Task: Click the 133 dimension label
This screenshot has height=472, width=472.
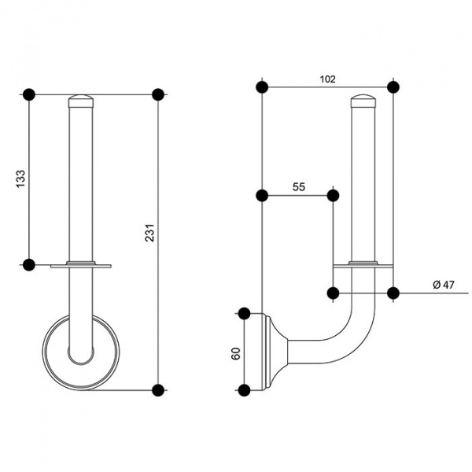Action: tap(20, 180)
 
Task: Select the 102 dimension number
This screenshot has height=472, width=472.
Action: tap(327, 79)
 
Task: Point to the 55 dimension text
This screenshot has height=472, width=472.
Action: tap(299, 187)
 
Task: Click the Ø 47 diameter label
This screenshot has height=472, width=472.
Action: tap(444, 286)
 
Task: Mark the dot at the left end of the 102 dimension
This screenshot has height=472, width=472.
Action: tap(262, 86)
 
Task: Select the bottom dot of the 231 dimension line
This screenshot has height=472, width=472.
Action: tap(158, 389)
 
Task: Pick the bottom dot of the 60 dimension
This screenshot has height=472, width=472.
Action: tap(244, 389)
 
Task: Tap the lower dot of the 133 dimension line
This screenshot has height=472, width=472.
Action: tap(29, 265)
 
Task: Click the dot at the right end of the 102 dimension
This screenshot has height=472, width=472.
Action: tap(393, 86)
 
